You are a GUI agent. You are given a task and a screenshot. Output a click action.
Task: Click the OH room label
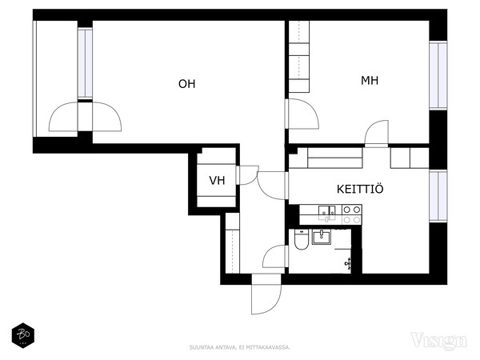(186, 84)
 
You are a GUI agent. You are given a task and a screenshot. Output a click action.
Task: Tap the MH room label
(369, 81)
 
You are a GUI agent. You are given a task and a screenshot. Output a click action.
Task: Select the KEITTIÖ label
(360, 190)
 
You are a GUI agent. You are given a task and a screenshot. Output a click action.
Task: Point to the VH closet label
(217, 181)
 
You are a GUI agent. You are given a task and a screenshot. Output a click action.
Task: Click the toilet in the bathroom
(300, 239)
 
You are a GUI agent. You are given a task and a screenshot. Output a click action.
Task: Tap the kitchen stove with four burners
(351, 214)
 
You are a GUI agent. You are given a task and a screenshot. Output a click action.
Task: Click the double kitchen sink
(327, 213)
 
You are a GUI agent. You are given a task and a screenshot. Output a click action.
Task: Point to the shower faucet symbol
(349, 262)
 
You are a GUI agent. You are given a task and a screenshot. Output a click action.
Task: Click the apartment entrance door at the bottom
(265, 296)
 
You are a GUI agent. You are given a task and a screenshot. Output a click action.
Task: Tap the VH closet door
(249, 178)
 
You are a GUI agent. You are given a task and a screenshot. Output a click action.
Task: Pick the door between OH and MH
(302, 116)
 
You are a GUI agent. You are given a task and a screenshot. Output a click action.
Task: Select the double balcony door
(86, 118)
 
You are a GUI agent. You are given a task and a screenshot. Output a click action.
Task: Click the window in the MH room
(437, 75)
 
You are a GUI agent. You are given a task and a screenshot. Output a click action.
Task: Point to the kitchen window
(437, 197)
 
